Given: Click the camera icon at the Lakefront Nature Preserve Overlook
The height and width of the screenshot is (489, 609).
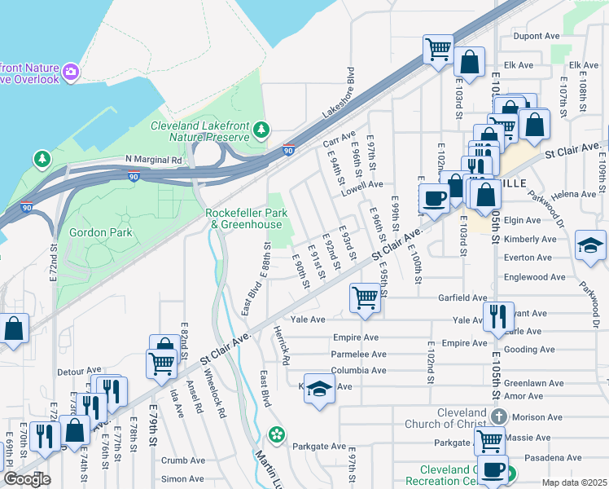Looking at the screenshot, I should click(71, 73).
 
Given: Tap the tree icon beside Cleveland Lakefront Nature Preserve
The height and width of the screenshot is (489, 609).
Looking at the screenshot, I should click(261, 130).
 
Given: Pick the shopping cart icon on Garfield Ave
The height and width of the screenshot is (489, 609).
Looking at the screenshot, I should click(365, 297).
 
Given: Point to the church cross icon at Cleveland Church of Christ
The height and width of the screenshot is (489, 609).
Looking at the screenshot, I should click(499, 417).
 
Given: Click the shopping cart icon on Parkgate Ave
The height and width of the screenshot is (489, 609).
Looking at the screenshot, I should click(489, 441).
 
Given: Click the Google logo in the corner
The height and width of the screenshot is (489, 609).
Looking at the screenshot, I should click(27, 479).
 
